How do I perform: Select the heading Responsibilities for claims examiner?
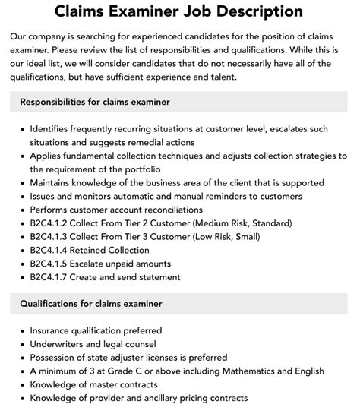pos(105,101)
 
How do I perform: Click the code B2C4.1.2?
pos(52,223)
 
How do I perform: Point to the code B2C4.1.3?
pos(52,236)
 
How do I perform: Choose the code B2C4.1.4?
pos(52,250)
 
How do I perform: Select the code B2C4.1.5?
pos(52,264)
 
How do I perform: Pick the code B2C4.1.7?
pos(52,277)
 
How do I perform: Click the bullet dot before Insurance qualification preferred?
pos(21,331)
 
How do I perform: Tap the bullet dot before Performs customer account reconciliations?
pos(21,210)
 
